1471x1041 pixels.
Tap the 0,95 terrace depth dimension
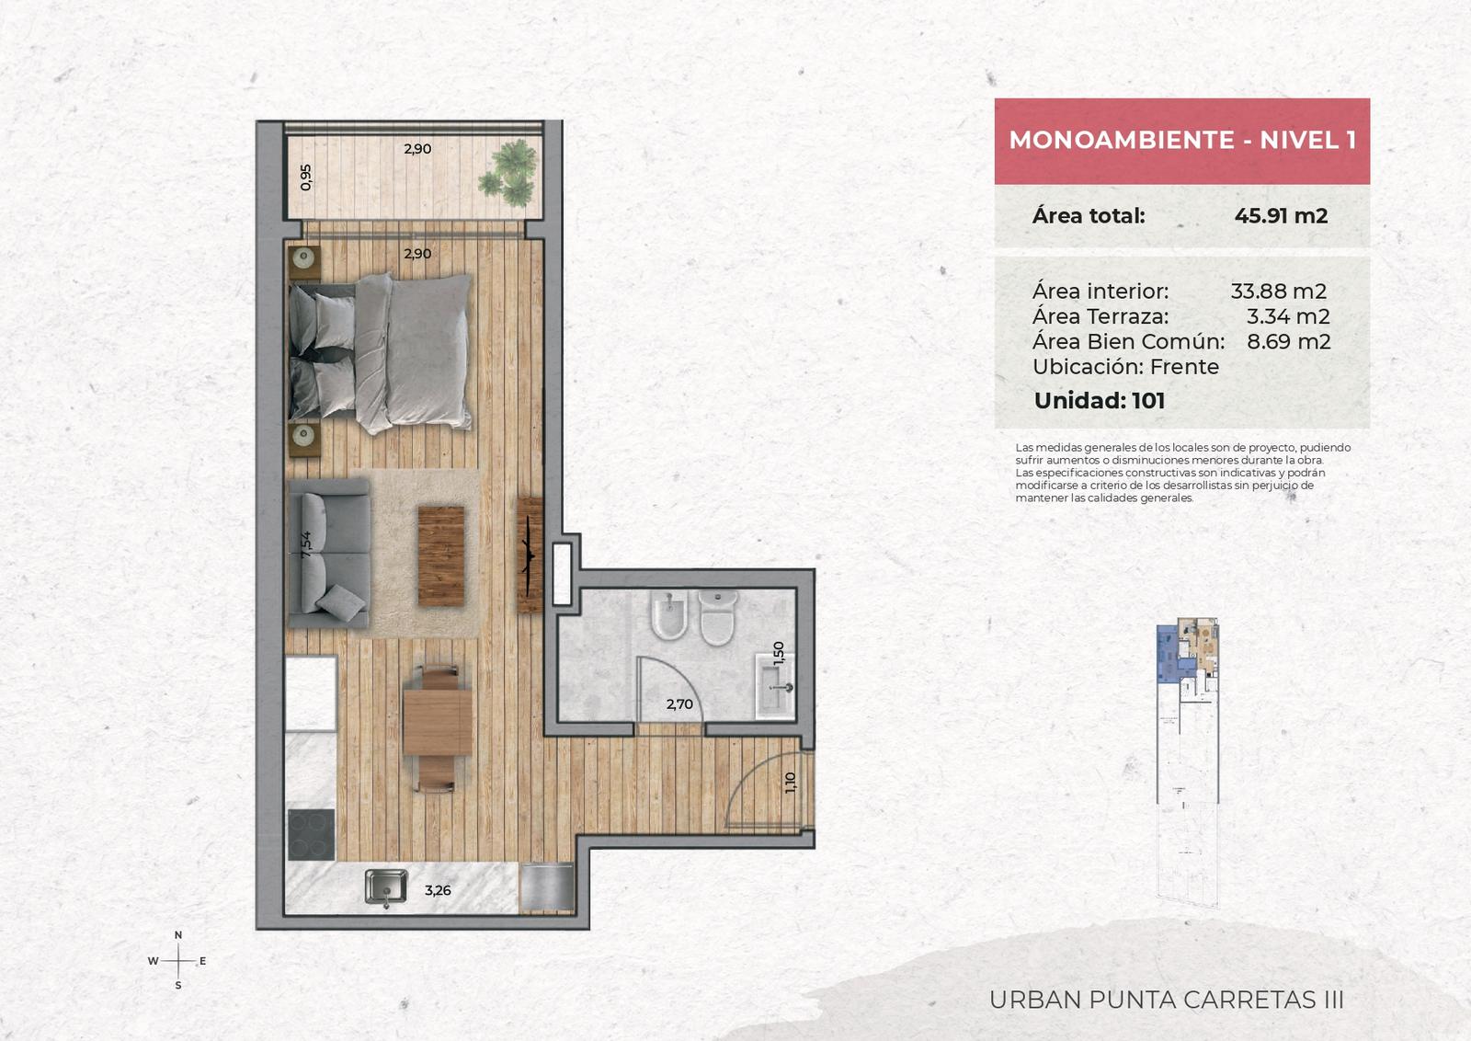(305, 177)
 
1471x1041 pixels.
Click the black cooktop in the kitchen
(312, 834)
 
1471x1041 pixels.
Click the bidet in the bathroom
(668, 615)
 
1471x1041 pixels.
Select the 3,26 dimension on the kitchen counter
(438, 890)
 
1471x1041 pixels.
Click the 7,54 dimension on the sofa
(305, 544)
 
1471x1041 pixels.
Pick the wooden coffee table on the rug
(441, 555)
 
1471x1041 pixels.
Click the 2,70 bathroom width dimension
(679, 704)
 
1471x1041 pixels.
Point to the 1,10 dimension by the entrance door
(790, 783)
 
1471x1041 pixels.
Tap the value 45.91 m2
(1281, 215)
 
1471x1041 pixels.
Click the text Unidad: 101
(1100, 401)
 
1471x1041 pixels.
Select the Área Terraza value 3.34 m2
(1288, 316)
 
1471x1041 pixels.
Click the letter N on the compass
(178, 934)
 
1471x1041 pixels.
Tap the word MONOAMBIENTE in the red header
(1122, 140)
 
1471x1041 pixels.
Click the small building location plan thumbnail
(1187, 761)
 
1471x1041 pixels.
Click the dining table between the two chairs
(438, 722)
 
